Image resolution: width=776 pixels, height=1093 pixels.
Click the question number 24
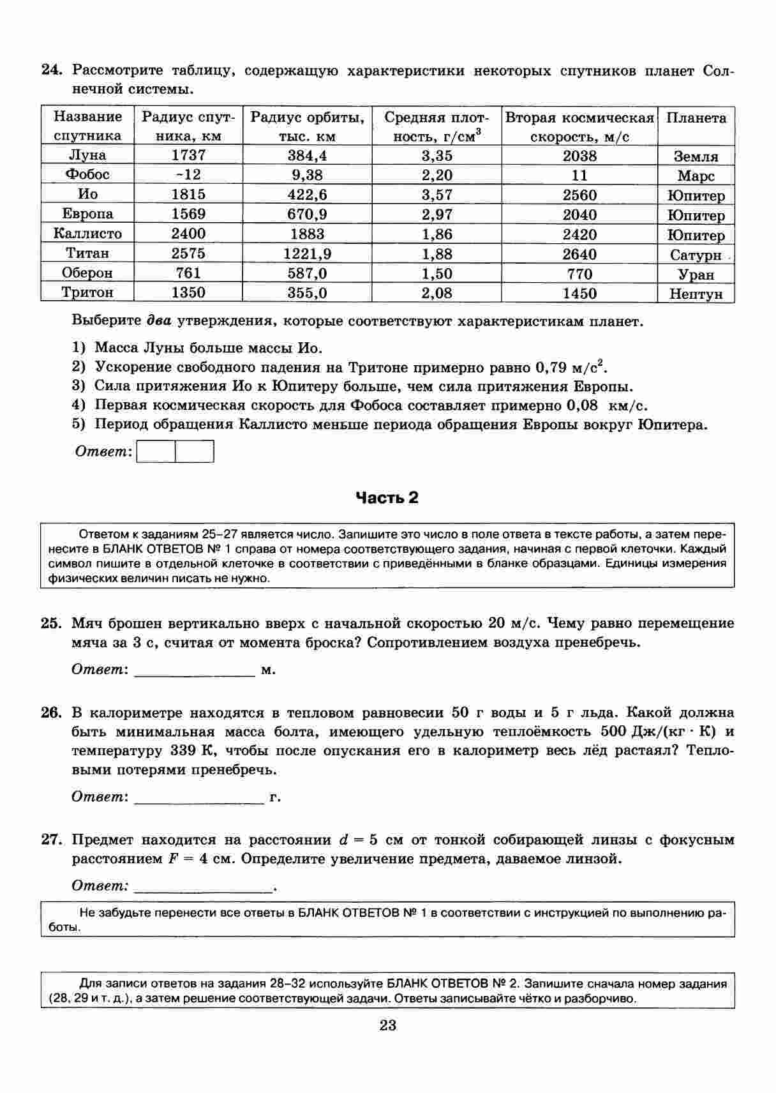51,70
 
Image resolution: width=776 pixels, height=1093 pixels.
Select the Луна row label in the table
87,155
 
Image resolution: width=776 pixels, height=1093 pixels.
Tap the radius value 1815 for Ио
188,195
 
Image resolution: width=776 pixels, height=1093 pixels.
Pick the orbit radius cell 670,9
307,215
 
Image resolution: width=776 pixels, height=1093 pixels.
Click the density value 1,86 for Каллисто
436,234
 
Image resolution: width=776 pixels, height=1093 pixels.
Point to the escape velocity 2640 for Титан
579,254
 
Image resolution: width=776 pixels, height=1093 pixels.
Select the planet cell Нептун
696,294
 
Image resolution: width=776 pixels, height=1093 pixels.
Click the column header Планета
696,118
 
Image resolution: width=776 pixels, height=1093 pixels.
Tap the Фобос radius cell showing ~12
188,175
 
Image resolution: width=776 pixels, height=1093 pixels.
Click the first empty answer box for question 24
156,452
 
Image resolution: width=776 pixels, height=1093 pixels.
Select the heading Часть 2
387,498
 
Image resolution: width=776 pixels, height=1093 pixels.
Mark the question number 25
51,623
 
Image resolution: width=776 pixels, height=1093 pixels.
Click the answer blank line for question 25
195,671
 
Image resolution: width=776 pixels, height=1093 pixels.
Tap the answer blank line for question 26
199,797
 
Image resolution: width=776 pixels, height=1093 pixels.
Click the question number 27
51,840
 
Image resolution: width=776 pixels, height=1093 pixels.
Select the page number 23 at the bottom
388,1026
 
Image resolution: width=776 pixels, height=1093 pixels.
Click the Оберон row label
87,273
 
